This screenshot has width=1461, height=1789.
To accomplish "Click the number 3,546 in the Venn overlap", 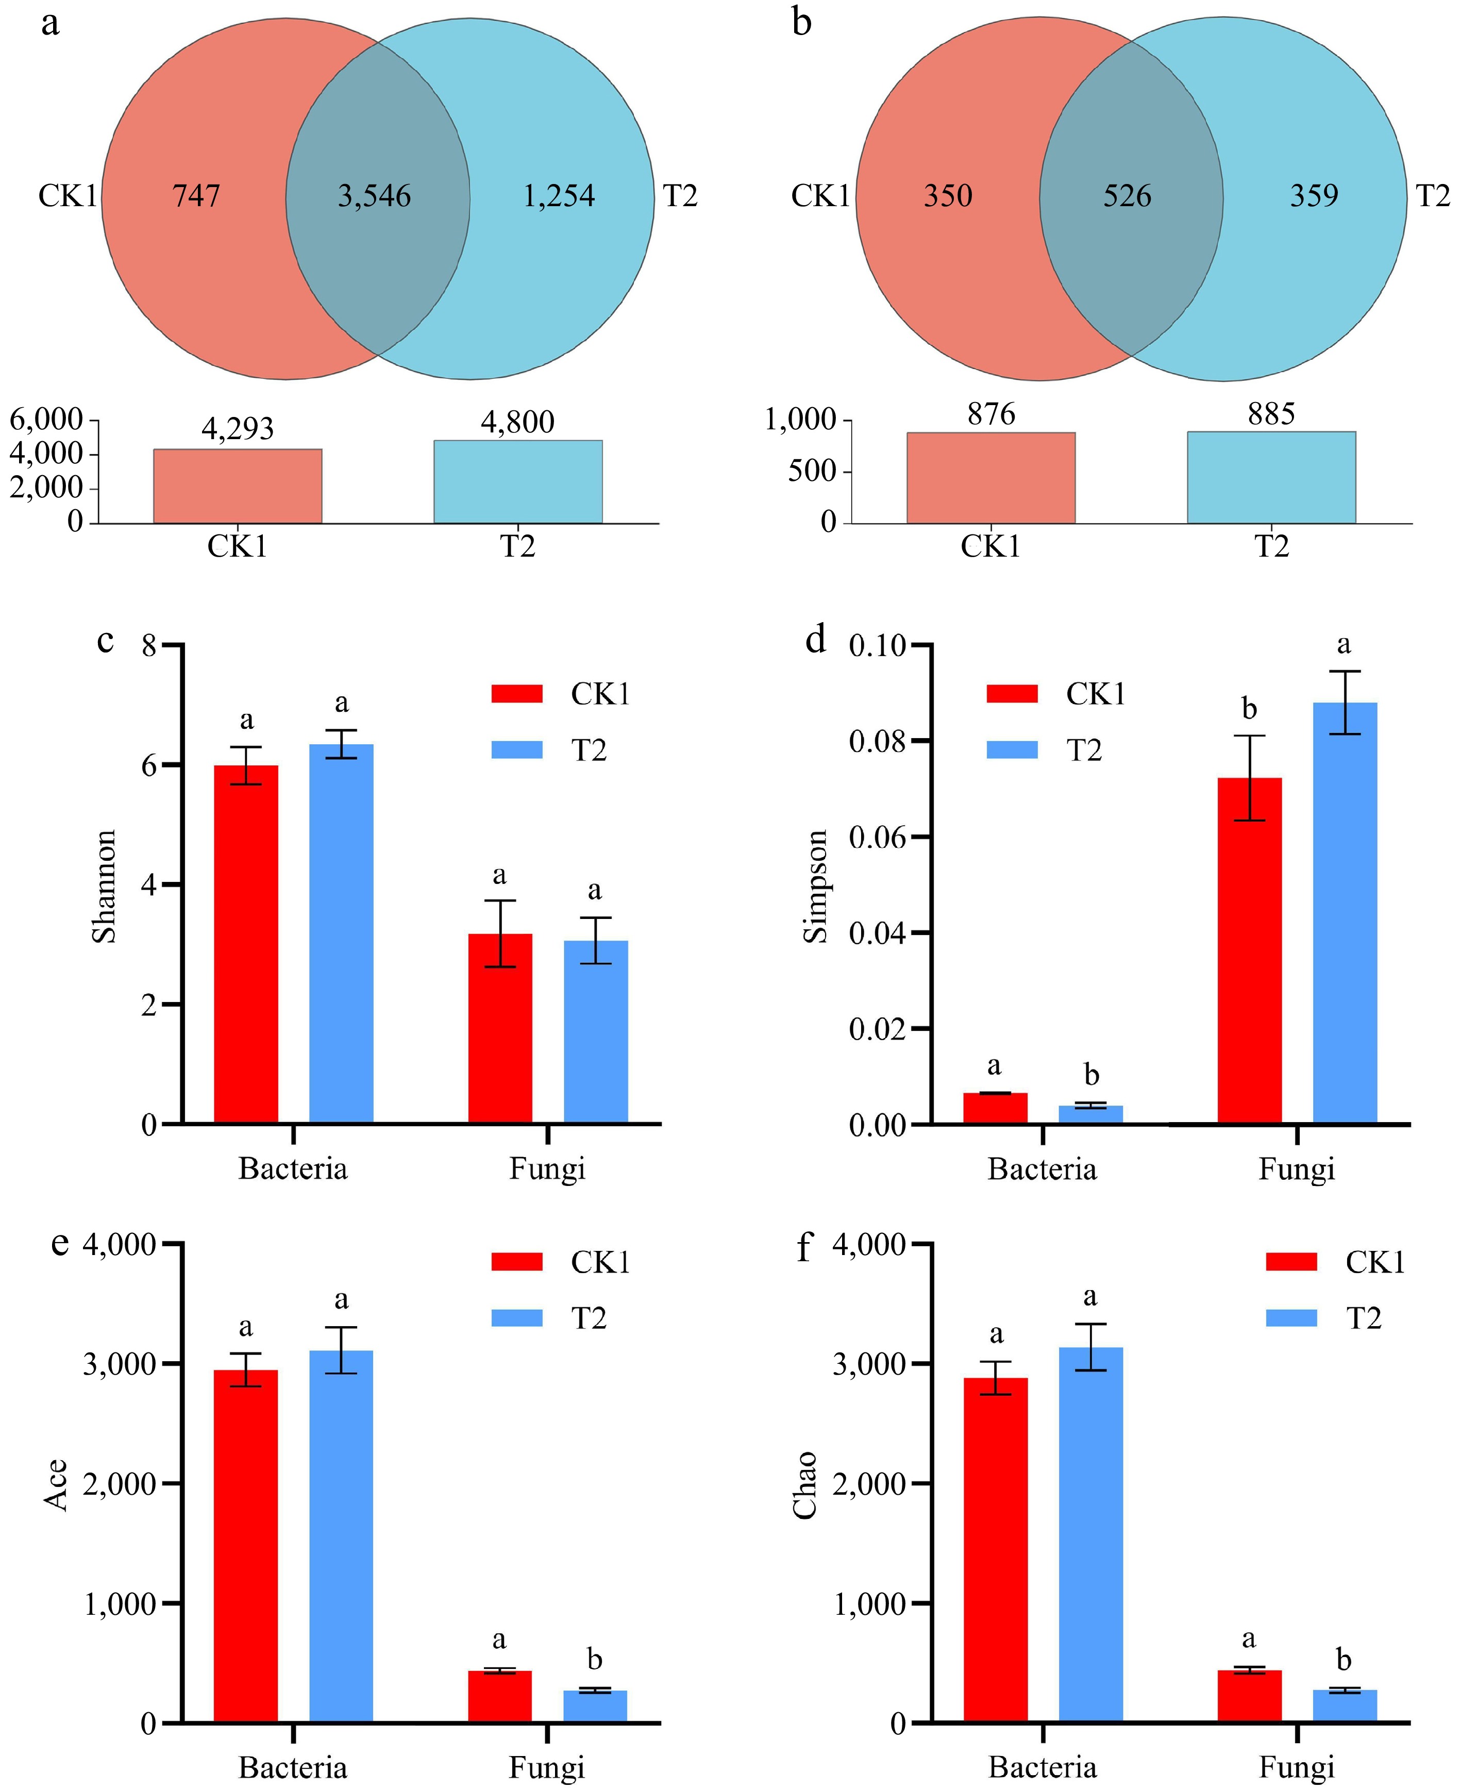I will (x=375, y=196).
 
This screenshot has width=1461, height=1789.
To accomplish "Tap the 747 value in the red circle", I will (x=196, y=196).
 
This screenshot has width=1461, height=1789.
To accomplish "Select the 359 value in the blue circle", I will (x=1314, y=196).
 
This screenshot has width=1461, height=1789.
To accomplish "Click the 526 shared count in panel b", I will (x=1127, y=196).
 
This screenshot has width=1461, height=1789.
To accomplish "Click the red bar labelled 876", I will (x=990, y=478).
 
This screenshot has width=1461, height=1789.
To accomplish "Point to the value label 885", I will (x=1271, y=414).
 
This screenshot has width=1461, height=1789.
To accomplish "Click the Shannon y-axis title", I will (x=104, y=886).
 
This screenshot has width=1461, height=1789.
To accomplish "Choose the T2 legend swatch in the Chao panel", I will (x=1291, y=1318).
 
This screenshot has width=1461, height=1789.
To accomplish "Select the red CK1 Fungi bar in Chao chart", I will (x=1249, y=1696).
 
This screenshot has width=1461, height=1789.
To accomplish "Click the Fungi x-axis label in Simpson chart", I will (x=1296, y=1169).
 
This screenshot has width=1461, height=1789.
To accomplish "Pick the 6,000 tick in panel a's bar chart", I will (x=46, y=419).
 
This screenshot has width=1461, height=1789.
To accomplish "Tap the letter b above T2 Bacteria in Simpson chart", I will (x=1090, y=1075).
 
